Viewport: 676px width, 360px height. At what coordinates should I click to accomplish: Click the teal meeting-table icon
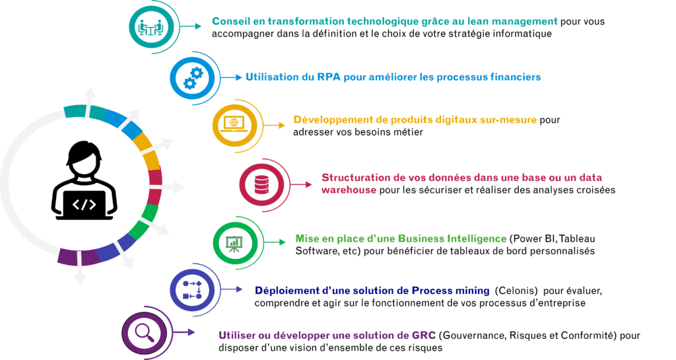(151, 27)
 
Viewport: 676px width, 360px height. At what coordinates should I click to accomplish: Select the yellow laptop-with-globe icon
(234, 125)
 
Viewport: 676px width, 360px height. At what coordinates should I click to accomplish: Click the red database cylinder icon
(261, 184)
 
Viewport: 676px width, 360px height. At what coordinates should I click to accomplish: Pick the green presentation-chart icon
(234, 243)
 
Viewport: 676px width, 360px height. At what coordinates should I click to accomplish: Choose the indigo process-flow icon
(192, 290)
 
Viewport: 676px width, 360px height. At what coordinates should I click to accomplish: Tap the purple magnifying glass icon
(145, 332)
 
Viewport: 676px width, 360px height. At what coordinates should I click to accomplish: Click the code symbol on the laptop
(84, 204)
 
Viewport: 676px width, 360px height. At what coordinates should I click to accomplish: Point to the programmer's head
(84, 159)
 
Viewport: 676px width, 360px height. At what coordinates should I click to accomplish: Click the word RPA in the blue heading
(329, 77)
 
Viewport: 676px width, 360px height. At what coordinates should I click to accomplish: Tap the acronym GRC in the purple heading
(424, 336)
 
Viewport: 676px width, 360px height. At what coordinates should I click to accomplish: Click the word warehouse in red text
(349, 190)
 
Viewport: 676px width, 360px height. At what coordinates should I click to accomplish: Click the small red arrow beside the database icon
(301, 184)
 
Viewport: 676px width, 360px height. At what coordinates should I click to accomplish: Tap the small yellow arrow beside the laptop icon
(274, 125)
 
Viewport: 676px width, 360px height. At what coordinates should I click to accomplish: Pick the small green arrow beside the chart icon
(275, 242)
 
